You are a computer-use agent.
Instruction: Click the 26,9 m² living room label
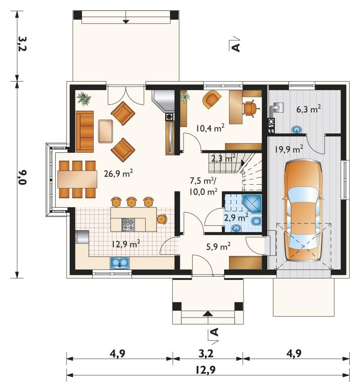pyautogui.click(x=118, y=173)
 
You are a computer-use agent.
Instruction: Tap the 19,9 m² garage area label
pyautogui.click(x=289, y=149)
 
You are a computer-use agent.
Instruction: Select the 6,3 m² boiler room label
pyautogui.click(x=309, y=109)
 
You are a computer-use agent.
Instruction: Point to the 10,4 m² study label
pyautogui.click(x=210, y=128)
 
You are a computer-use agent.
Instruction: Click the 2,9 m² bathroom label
pyautogui.click(x=236, y=217)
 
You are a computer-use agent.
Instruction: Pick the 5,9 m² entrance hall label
pyautogui.click(x=218, y=246)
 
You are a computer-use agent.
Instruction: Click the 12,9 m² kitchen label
pyautogui.click(x=126, y=244)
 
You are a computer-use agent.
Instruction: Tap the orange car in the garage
pyautogui.click(x=303, y=210)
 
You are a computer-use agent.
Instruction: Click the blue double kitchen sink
pyautogui.click(x=120, y=263)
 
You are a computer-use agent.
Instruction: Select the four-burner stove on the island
pyautogui.click(x=128, y=224)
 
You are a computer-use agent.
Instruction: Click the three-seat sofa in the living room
pyautogui.click(x=85, y=132)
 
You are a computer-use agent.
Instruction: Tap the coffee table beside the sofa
pyautogui.click(x=106, y=131)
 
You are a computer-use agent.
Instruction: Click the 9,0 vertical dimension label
pyautogui.click(x=22, y=177)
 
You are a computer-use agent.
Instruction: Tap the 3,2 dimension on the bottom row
pyautogui.click(x=206, y=354)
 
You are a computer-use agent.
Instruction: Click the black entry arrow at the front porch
pyautogui.click(x=208, y=314)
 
